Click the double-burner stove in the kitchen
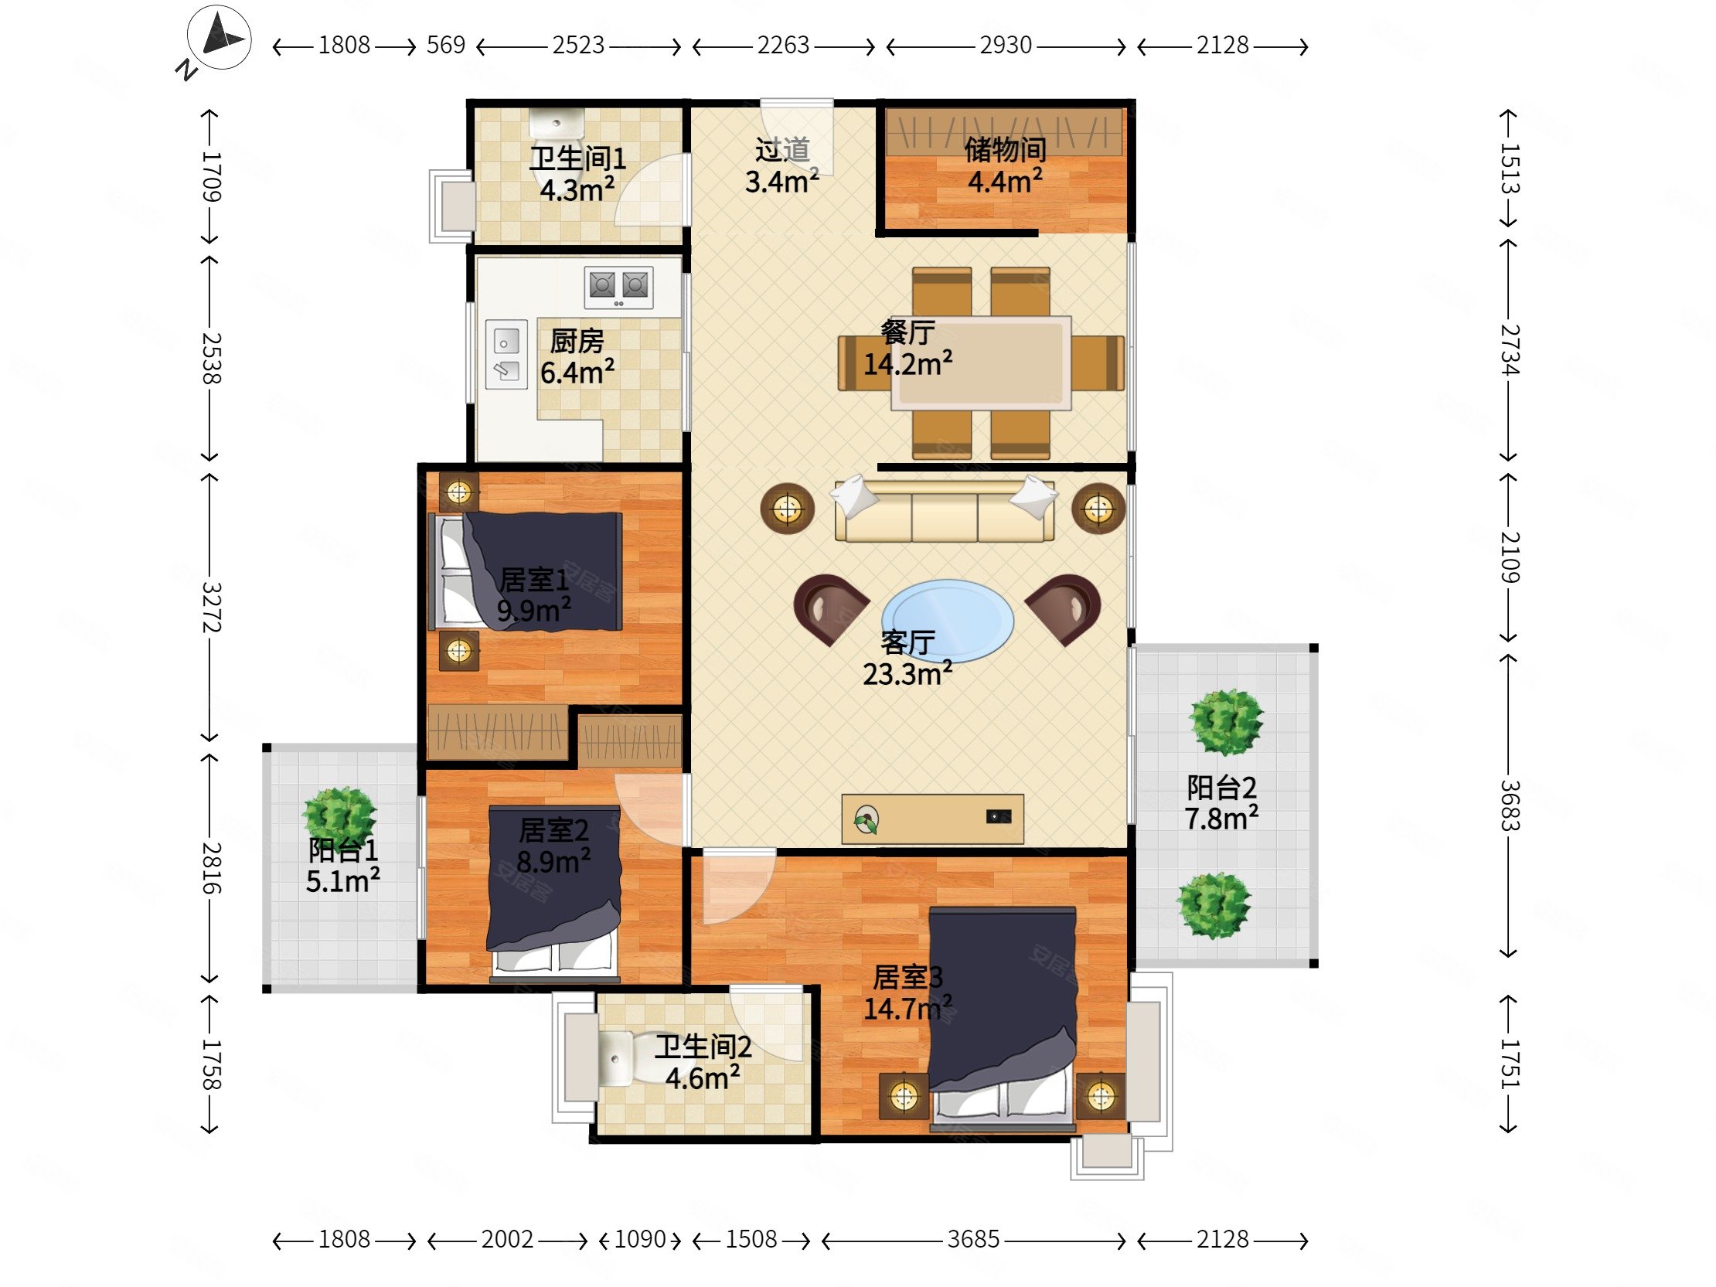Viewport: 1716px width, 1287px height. pyautogui.click(x=618, y=286)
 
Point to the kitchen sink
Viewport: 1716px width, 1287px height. pyautogui.click(x=506, y=354)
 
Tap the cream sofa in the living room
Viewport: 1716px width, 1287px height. pyautogui.click(x=944, y=509)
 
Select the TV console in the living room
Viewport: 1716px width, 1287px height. pyautogui.click(x=932, y=819)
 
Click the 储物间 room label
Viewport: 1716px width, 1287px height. pyautogui.click(x=1006, y=150)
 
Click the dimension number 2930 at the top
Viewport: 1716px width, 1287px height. pyautogui.click(x=1006, y=46)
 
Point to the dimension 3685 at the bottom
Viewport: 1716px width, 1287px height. pyautogui.click(x=973, y=1240)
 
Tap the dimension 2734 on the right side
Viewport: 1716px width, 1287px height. pyautogui.click(x=1509, y=350)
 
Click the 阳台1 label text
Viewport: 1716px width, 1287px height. pyautogui.click(x=343, y=850)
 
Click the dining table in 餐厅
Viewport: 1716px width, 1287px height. pyautogui.click(x=982, y=363)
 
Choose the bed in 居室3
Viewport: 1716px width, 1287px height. pyautogui.click(x=1003, y=1018)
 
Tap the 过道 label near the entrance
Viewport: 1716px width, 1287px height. pyautogui.click(x=782, y=150)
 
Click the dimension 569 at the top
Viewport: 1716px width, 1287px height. pyautogui.click(x=446, y=46)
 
